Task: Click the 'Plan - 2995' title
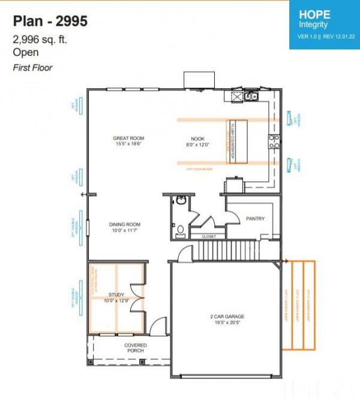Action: pos(50,21)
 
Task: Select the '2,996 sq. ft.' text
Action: pos(41,40)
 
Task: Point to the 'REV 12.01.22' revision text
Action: pos(338,36)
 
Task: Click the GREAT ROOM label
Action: pos(128,139)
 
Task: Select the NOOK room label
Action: pos(196,139)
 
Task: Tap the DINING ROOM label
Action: pos(124,224)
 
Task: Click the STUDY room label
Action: pos(116,295)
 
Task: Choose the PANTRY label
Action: pos(255,219)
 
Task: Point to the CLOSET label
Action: pos(209,236)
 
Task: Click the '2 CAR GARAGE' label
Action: pos(227,316)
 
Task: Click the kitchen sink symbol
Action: pos(249,96)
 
